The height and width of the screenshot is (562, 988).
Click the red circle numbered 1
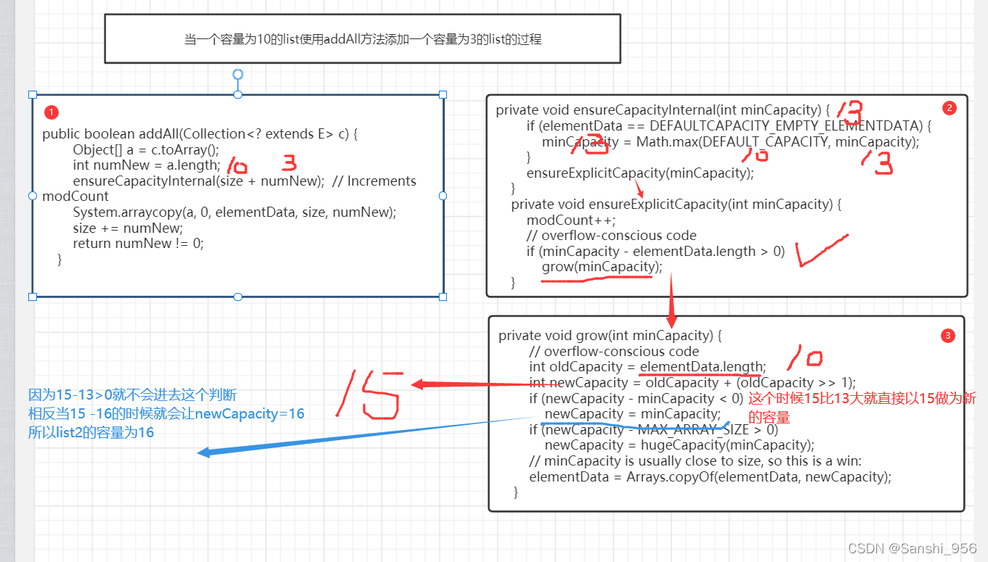click(x=51, y=112)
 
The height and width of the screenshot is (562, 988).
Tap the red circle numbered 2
click(x=949, y=108)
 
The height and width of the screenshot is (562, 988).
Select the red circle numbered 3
click(x=947, y=336)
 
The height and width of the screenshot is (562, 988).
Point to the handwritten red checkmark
click(x=819, y=249)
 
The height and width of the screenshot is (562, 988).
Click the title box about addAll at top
click(x=363, y=39)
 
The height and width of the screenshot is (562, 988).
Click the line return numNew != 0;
click(x=138, y=243)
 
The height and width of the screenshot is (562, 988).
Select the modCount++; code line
click(x=571, y=220)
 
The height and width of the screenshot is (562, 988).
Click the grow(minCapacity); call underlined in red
click(x=601, y=267)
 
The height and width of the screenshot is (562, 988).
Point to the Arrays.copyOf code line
click(x=709, y=476)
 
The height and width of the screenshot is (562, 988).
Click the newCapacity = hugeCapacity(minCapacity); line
click(x=679, y=445)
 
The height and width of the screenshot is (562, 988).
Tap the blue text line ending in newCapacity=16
click(x=166, y=413)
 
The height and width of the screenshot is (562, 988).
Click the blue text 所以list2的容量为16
click(x=91, y=432)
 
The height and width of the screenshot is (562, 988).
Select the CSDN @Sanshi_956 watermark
click(x=912, y=548)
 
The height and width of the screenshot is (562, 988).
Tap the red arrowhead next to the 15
click(x=418, y=383)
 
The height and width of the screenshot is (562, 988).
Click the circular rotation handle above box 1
click(x=237, y=74)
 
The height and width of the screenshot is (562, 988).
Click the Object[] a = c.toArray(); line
click(x=145, y=149)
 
